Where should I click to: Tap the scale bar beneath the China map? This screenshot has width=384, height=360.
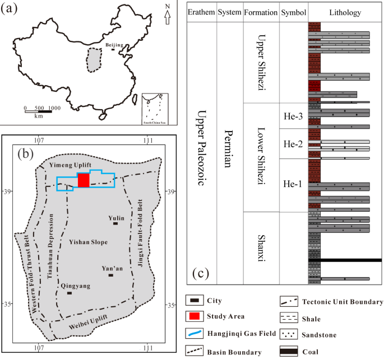coord(39,111)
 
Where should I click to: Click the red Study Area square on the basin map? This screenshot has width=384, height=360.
coord(84,180)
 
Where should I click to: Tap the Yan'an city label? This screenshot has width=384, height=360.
coord(110,268)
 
